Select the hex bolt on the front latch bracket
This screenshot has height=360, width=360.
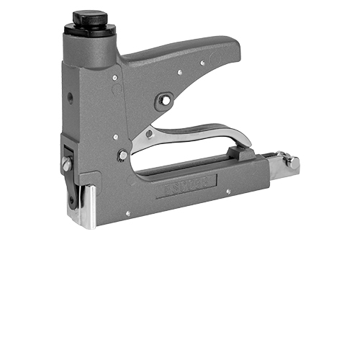click(67, 165)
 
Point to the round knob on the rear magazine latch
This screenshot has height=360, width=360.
click(293, 162)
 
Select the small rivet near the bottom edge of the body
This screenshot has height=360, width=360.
click(128, 213)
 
